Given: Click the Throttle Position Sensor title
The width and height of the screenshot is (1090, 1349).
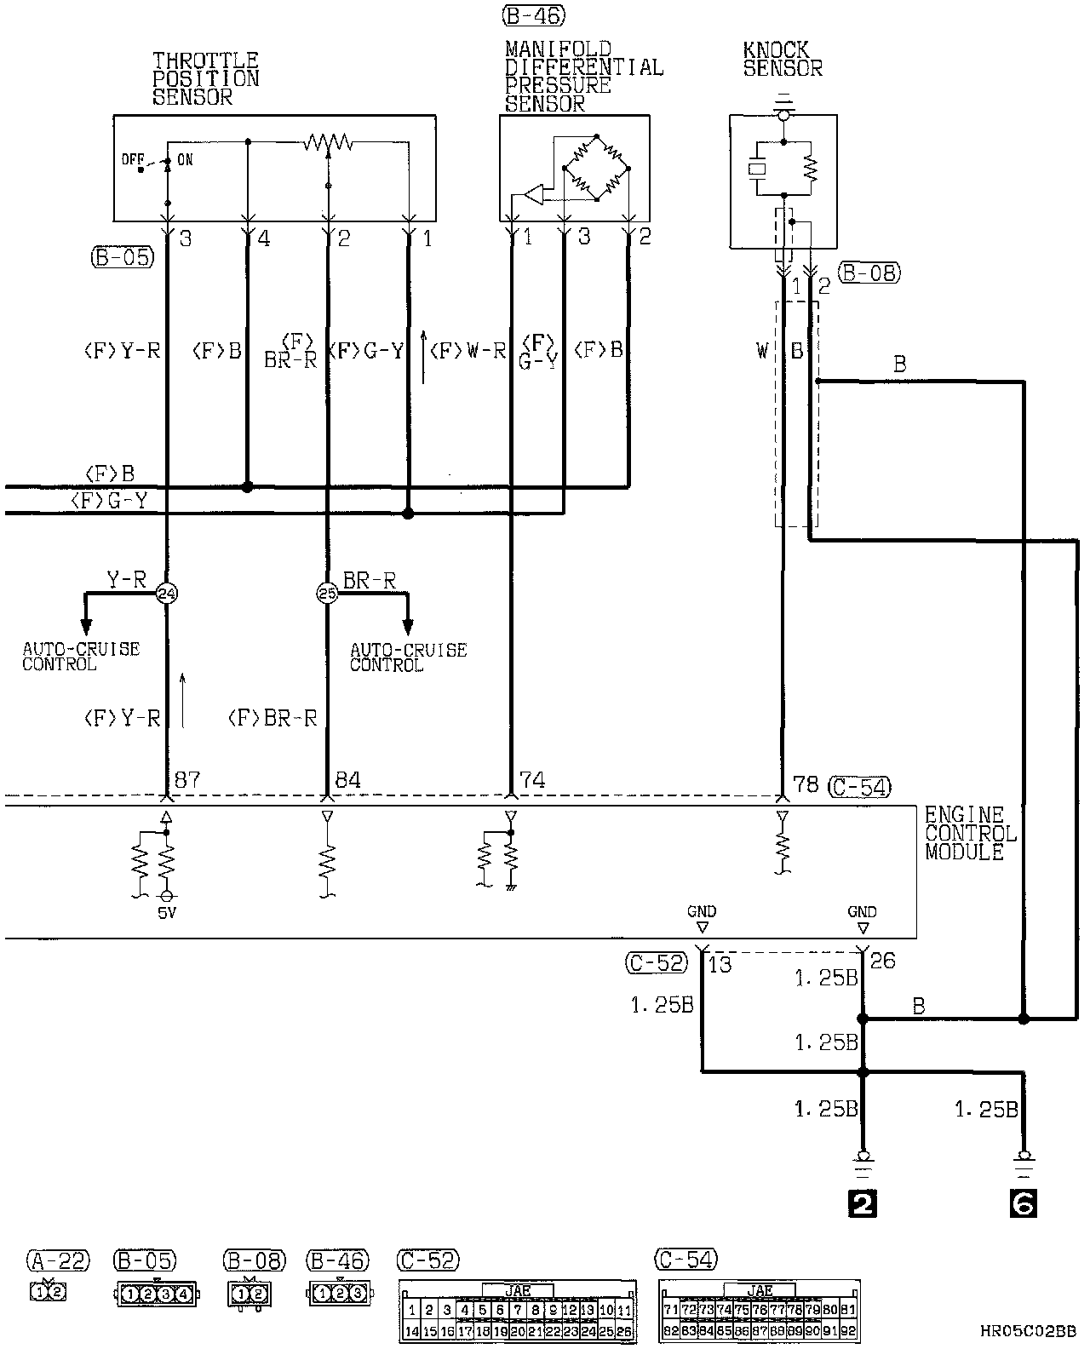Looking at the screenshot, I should point(205,78).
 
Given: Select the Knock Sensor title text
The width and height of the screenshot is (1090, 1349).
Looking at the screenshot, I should point(783,60).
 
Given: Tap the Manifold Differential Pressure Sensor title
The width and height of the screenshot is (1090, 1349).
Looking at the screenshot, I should point(583,76).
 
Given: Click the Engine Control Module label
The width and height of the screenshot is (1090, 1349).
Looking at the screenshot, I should point(970,834).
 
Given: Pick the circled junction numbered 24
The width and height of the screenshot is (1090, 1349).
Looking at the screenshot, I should point(166,594).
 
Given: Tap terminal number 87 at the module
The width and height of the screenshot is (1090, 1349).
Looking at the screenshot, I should point(187,780).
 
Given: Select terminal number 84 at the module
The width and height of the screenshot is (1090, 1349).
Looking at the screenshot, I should point(348,780).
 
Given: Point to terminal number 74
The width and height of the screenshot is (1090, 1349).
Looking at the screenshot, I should point(532,780).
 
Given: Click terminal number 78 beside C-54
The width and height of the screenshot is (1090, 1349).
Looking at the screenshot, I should point(806,784).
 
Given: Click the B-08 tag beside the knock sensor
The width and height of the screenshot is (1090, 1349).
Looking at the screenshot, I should point(869,273).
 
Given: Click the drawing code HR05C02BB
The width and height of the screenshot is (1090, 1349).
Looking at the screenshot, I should point(1028,1330).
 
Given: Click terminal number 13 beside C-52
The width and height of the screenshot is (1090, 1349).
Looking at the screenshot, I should point(720,964).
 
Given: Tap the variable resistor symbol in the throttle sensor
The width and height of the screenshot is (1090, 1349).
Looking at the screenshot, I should point(328,141).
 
